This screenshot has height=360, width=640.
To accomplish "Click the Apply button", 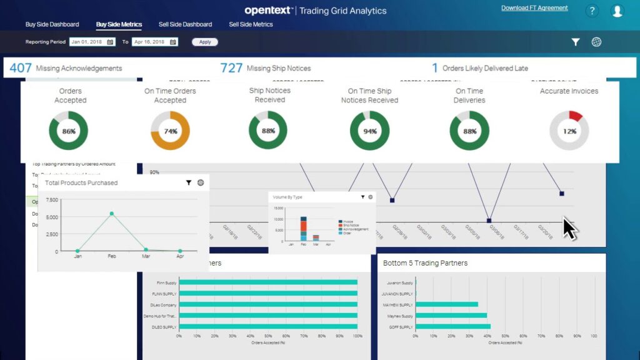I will pos(205,42).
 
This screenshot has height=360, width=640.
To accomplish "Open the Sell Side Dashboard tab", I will pos(185,24).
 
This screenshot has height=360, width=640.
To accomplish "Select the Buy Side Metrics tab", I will pos(119,24).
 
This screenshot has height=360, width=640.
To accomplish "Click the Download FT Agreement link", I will pos(534,8).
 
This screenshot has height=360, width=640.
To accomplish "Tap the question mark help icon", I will pos(592,11).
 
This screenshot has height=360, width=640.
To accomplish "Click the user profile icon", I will pos(617,11).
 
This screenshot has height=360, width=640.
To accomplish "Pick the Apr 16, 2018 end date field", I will pos(154,42).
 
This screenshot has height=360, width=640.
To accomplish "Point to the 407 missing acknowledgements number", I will pos(21,67).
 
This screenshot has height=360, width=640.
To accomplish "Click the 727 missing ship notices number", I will pos(231,67).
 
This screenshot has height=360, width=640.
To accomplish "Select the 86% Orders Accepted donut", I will pos(69,131).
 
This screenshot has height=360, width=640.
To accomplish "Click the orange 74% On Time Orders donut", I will pos(170,131).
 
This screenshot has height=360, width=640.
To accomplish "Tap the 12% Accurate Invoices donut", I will pos(569,131).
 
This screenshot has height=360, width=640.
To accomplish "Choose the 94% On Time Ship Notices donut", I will pos(369,131).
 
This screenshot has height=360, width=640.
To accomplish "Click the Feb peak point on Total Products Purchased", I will pos(112,214).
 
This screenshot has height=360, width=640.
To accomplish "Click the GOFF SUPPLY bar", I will pos(453,326).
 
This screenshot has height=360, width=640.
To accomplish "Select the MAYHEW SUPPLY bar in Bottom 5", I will pos(447,304).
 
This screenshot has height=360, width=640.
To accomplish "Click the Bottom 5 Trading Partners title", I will pos(425,263).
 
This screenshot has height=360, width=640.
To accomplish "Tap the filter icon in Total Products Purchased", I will pos(189,182).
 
